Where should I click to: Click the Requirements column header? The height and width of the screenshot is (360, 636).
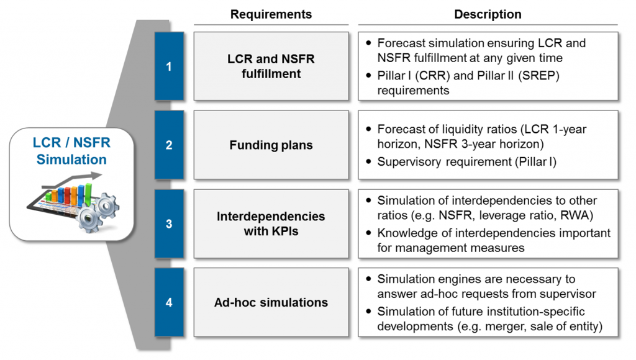pos(271,14)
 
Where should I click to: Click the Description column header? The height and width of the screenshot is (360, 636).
pos(488,14)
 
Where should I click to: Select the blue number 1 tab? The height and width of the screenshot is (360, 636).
pos(169,66)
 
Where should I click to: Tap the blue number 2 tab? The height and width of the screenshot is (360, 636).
pos(169,145)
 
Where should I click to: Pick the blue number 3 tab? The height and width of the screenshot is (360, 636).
pos(169,224)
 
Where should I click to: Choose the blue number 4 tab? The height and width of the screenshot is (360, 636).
pos(169,303)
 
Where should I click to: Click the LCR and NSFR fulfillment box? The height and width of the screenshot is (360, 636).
pos(271,66)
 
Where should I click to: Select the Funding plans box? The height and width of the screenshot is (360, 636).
pos(271,145)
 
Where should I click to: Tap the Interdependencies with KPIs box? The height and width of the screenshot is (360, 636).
pos(271,224)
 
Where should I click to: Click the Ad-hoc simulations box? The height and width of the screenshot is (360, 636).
pos(271,303)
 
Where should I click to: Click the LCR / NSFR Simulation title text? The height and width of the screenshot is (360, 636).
pos(71,151)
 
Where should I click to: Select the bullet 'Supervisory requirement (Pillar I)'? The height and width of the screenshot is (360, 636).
pos(466,161)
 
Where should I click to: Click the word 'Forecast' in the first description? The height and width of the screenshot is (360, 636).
pos(400,43)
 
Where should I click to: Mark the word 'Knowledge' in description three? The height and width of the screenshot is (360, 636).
pos(406,233)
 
